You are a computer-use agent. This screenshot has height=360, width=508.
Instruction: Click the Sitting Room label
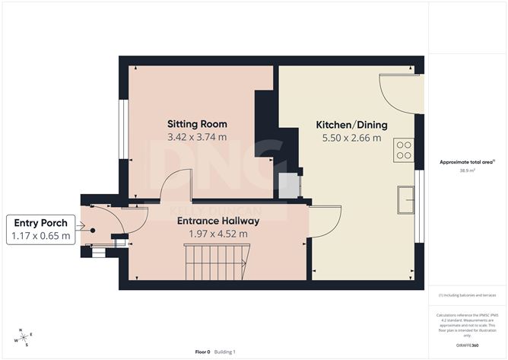197,124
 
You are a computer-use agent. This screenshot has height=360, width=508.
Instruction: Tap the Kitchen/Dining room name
352,125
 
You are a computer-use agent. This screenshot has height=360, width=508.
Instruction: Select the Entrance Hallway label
218,221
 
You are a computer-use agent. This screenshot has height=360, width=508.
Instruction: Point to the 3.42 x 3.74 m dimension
197,138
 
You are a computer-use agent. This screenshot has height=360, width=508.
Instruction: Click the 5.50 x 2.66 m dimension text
352,138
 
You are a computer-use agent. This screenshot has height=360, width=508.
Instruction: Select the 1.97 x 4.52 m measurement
218,234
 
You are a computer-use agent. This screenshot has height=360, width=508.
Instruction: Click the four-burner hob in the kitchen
403,151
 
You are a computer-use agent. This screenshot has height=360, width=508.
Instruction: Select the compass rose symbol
24,337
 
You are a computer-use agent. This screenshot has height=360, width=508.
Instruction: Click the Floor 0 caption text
202,352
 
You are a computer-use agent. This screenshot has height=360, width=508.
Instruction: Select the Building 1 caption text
224,352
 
